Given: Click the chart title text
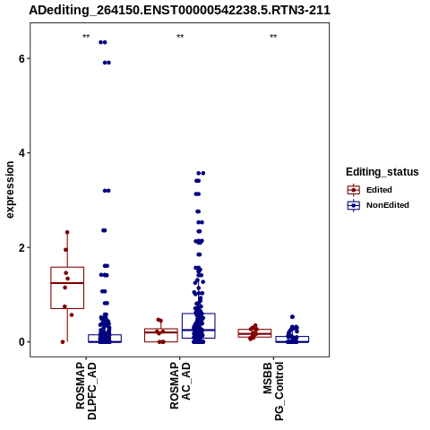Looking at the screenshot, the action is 179,10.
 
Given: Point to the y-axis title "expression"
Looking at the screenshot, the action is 10,190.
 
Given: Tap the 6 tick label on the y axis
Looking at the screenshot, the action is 21,58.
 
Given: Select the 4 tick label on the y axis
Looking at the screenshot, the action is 21,153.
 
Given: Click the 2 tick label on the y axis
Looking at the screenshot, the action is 21,247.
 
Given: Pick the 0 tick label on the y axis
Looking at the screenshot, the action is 21,342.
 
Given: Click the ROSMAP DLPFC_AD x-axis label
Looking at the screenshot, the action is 86,391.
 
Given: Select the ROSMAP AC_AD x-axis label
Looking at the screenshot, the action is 180,386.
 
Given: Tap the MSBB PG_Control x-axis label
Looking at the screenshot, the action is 273,391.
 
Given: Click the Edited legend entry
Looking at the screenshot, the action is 369,190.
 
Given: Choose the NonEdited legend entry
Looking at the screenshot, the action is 378,205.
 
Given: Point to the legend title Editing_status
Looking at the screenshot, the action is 383,172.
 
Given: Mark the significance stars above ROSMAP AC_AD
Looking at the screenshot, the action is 180,37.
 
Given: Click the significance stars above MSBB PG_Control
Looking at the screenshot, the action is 273,37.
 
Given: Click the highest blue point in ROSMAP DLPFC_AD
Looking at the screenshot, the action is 103,42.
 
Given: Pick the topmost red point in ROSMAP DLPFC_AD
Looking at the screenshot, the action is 67,232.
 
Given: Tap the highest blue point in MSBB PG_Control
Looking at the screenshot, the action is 292,317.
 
